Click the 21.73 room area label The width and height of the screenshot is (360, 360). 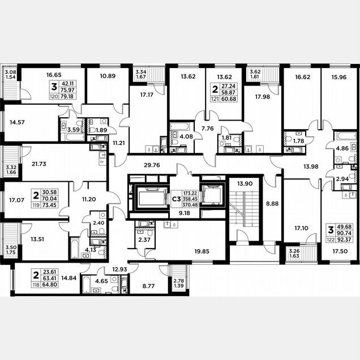click(x=39, y=164)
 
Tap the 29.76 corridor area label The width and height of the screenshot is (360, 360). click(x=152, y=165)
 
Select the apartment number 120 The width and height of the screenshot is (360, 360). click(x=54, y=96)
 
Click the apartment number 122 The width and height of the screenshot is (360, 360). click(x=331, y=240)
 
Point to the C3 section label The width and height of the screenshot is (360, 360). click(x=177, y=199)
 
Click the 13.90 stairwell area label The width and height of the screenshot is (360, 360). click(x=245, y=183)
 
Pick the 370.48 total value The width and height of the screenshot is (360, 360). click(x=190, y=205)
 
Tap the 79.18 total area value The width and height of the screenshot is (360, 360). click(x=67, y=96)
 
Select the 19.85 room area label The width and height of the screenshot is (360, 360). click(x=202, y=251)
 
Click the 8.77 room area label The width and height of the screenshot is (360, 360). click(x=148, y=286)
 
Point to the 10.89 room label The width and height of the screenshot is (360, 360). click(x=108, y=76)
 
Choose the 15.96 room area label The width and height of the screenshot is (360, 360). click(x=339, y=77)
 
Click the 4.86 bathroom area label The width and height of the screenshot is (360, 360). click(x=342, y=148)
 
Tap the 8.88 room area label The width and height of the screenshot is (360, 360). click(x=272, y=204)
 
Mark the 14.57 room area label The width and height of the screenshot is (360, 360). click(x=17, y=122)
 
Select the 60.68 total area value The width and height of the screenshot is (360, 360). click(x=229, y=99)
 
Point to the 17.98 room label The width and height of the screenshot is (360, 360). click(x=263, y=97)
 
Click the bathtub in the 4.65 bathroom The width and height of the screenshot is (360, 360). click(x=85, y=285)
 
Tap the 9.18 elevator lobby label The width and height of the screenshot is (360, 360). click(x=185, y=213)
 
